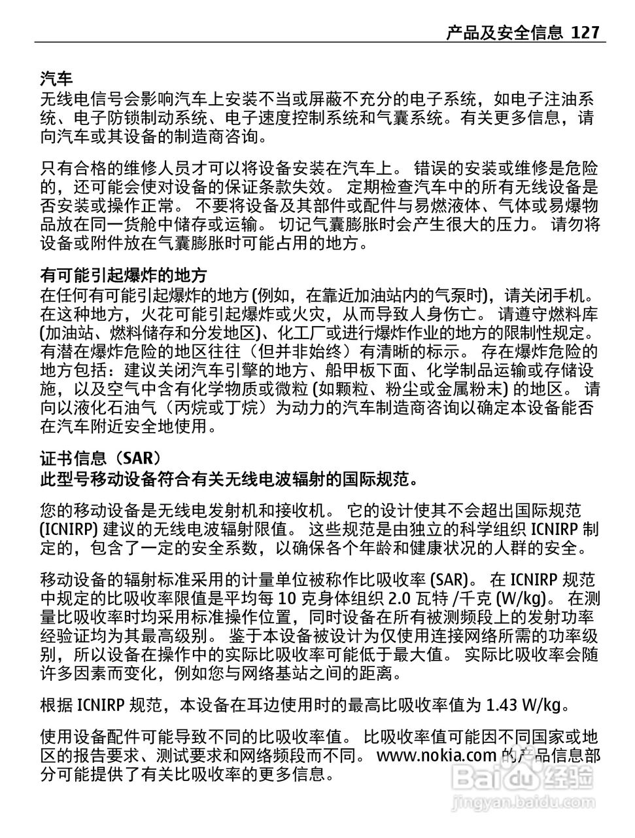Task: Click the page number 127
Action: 585,32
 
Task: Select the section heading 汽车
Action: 56,80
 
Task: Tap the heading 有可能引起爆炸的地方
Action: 124,274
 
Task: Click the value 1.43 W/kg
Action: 524,705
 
